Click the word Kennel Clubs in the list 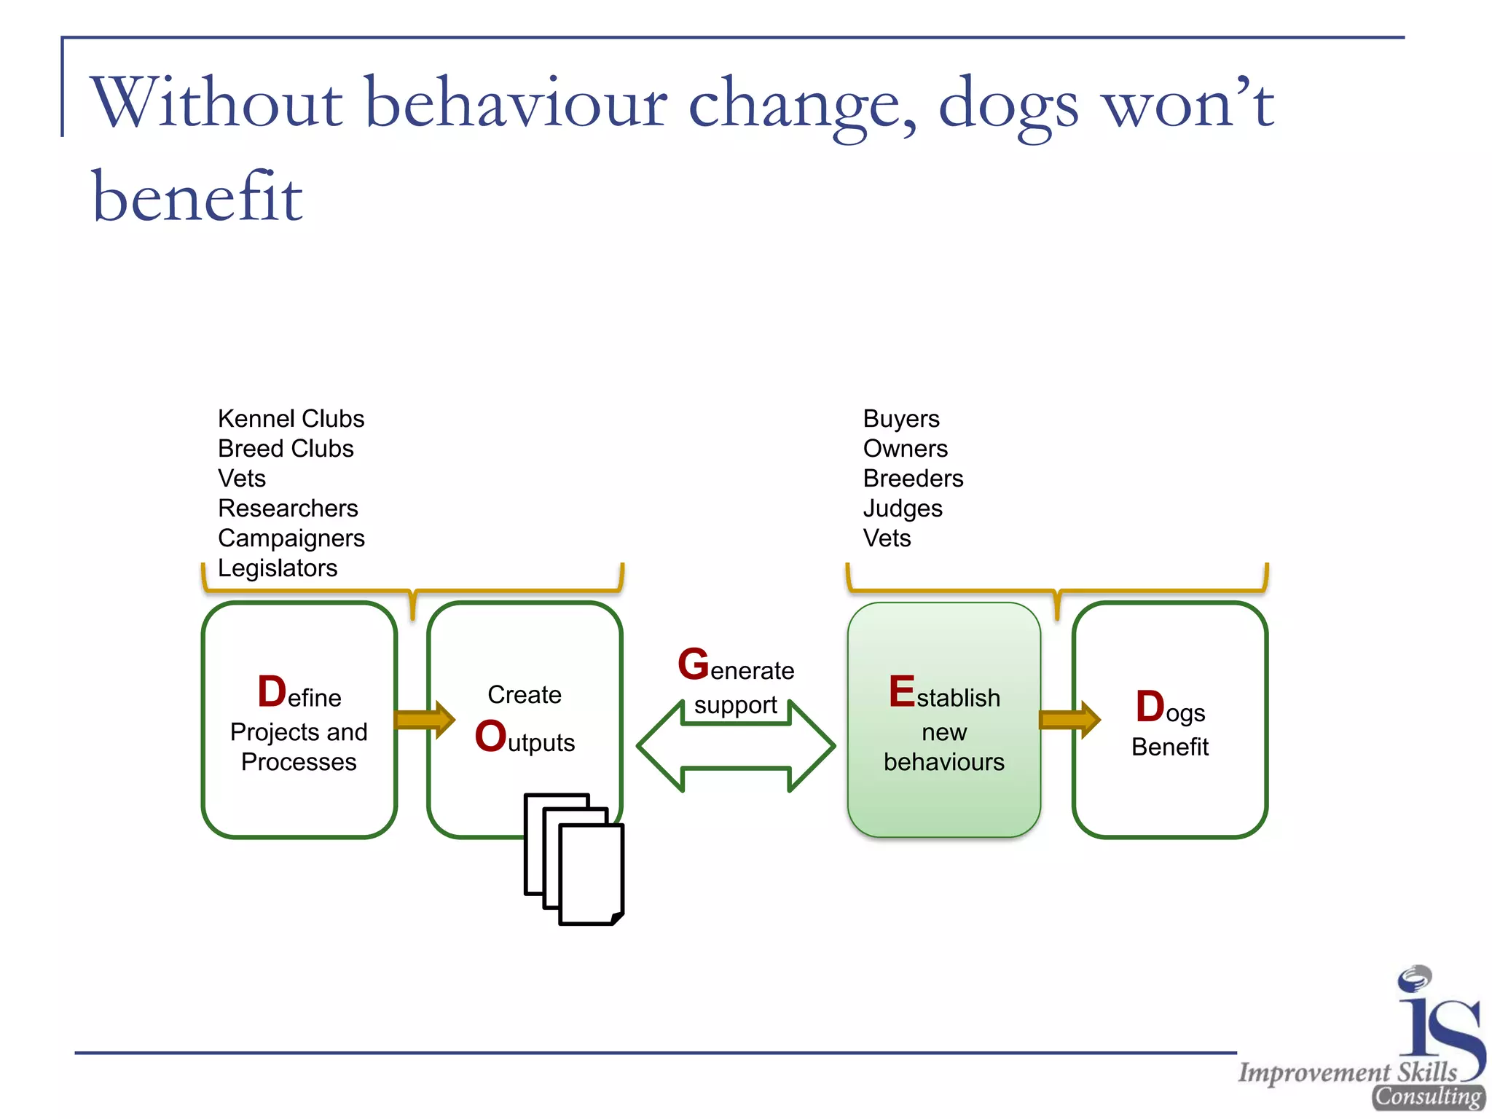tap(291, 419)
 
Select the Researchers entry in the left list tap(288, 509)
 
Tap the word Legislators tap(278, 568)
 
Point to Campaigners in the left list tap(291, 538)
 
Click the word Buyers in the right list tap(900, 419)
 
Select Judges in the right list tap(902, 509)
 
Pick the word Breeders tap(912, 479)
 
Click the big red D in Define tap(272, 691)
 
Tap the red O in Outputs tap(490, 736)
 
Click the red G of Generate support tap(693, 664)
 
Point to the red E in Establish tap(901, 691)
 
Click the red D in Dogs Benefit tap(1150, 707)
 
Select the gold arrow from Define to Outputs tap(424, 720)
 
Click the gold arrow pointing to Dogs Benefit tap(1069, 720)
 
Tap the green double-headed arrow tap(736, 747)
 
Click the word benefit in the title tap(197, 197)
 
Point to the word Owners tap(905, 449)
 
